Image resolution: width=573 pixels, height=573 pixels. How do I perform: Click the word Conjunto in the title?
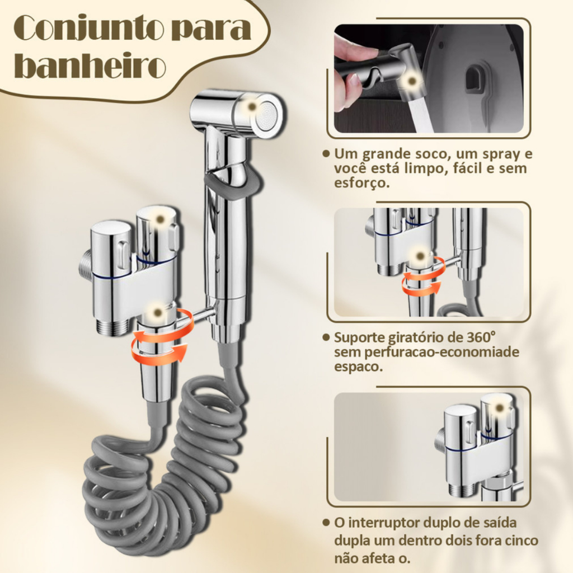pyautogui.click(x=87, y=29)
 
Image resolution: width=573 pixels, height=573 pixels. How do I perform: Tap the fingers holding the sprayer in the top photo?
pyautogui.click(x=351, y=73)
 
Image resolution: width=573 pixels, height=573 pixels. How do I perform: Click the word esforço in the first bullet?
pyautogui.click(x=362, y=183)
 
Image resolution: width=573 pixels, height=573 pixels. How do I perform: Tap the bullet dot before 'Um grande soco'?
pyautogui.click(x=326, y=153)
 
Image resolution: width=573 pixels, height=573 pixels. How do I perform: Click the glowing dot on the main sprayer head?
pyautogui.click(x=251, y=107)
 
